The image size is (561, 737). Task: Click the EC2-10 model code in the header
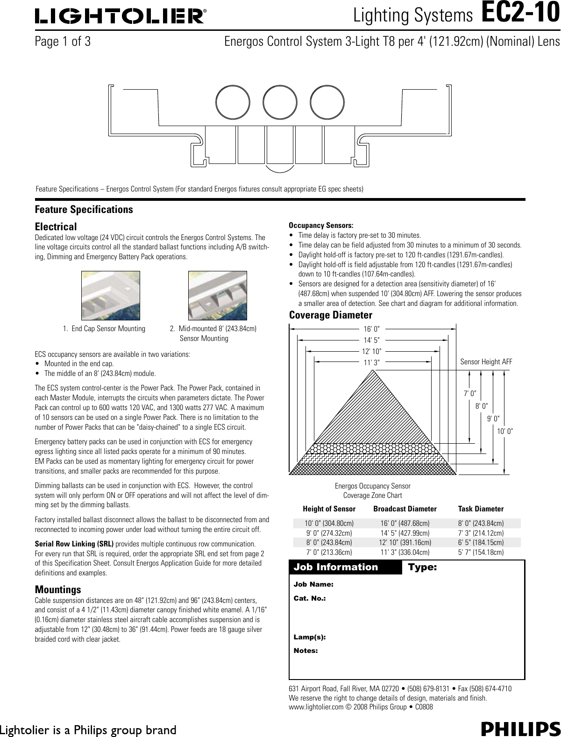point(520,14)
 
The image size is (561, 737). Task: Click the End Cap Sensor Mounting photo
point(111,295)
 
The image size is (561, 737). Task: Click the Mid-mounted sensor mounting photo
point(217,295)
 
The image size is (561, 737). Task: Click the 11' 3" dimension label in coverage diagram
point(372,361)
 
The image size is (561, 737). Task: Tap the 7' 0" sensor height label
point(470,394)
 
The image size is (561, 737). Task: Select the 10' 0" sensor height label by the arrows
point(505,431)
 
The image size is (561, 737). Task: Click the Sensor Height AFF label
point(486,361)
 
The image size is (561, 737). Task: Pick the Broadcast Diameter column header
point(405,509)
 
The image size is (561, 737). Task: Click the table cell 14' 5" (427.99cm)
point(405,533)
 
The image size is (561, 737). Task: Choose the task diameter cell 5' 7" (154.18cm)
point(481,552)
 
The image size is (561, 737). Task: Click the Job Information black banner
point(346,567)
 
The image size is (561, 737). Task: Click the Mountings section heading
point(58,589)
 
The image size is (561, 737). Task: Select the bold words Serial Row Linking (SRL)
point(74,545)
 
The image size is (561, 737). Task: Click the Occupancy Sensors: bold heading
point(321,225)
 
